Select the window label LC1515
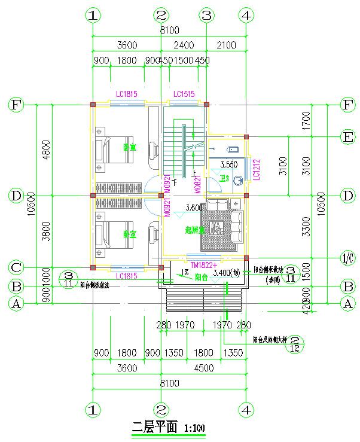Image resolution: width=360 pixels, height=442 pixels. pyautogui.click(x=184, y=94)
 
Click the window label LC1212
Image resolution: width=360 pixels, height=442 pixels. pyautogui.click(x=255, y=169)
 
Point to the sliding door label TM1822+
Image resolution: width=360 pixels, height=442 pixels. pyautogui.click(x=202, y=264)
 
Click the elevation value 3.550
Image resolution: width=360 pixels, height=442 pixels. pyautogui.click(x=230, y=164)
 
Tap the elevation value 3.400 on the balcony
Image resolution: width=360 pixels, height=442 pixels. pyautogui.click(x=225, y=273)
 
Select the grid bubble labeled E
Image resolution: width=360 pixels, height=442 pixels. pyautogui.click(x=347, y=137)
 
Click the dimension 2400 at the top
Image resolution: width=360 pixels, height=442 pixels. pyautogui.click(x=184, y=45)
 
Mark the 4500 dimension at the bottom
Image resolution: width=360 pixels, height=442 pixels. pyautogui.click(x=204, y=368)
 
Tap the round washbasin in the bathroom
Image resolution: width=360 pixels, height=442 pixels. pyautogui.click(x=239, y=178)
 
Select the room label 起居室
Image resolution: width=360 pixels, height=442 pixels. pyautogui.click(x=195, y=229)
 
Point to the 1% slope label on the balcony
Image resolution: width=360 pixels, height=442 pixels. pyautogui.click(x=185, y=273)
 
